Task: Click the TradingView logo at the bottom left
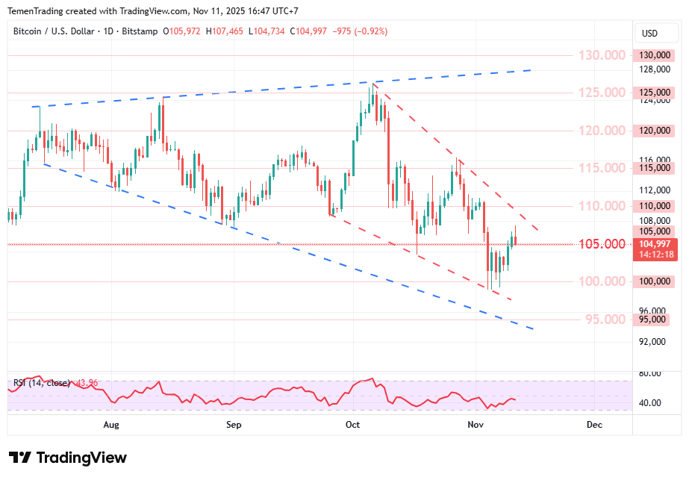[x=67, y=458]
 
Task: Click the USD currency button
[x=649, y=34]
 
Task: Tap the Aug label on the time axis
[x=111, y=425]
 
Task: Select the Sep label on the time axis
[x=234, y=425]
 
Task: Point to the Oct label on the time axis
[x=353, y=425]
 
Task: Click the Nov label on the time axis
[x=475, y=425]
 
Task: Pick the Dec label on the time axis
[x=594, y=425]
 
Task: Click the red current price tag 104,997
[x=654, y=244]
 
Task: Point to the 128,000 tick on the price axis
[x=654, y=69]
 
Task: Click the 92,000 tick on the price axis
[x=654, y=341]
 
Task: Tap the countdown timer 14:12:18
[x=654, y=255]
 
